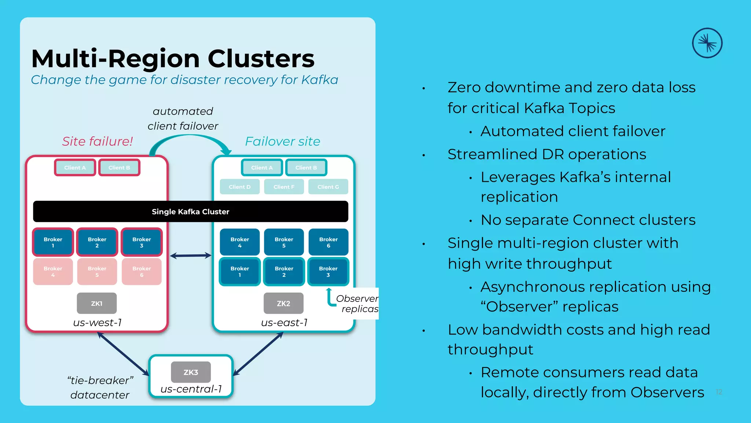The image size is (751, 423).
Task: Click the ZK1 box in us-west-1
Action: click(x=97, y=303)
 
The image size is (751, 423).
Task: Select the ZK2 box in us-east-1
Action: click(x=283, y=303)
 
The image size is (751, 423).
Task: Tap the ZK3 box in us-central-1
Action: click(x=191, y=372)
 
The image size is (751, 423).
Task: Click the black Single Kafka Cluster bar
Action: click(x=191, y=211)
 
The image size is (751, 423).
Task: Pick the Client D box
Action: click(x=240, y=187)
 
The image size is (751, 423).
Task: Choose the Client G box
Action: click(x=328, y=187)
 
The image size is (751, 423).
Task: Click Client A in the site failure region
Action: click(x=75, y=167)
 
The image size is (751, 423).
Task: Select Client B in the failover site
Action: click(x=306, y=167)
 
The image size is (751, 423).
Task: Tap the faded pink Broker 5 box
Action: click(x=97, y=272)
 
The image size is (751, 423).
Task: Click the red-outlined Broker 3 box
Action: click(x=142, y=242)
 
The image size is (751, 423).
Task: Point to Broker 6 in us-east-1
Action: click(x=328, y=242)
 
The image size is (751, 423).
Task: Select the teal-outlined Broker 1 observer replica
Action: click(x=240, y=272)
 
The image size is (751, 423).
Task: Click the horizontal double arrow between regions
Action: click(x=191, y=256)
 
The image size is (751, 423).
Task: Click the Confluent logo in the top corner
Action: click(x=707, y=43)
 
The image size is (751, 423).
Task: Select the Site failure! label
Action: click(x=98, y=141)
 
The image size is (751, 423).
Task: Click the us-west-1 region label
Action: click(x=98, y=323)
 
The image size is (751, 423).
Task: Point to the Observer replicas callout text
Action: click(x=357, y=304)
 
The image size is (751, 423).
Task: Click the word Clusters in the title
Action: click(x=261, y=59)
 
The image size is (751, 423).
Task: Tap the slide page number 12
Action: click(x=719, y=392)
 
